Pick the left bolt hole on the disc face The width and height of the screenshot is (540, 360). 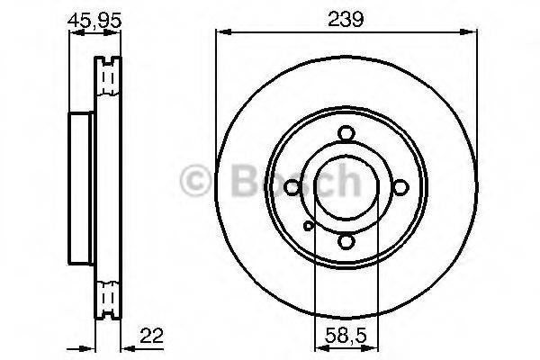click(x=291, y=188)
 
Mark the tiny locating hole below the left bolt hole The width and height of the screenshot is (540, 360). click(x=307, y=225)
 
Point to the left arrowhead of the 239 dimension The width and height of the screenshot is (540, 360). click(x=221, y=34)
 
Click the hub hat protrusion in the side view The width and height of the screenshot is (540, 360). click(x=82, y=188)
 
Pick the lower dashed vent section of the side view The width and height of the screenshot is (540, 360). click(x=108, y=297)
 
